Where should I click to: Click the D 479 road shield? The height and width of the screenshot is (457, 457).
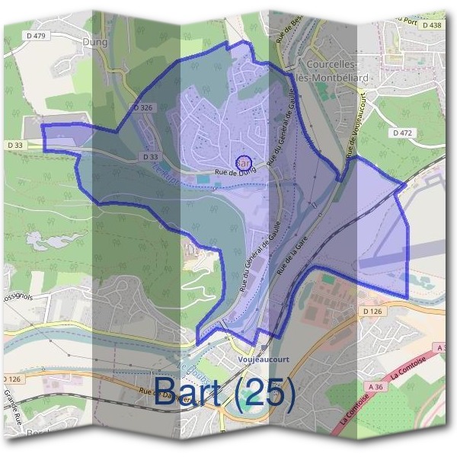[x=36, y=35]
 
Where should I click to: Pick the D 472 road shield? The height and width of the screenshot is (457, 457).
[x=403, y=133]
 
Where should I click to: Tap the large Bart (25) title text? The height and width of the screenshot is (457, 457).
[x=225, y=392]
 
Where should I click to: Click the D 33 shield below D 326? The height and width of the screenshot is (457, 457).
[x=151, y=157]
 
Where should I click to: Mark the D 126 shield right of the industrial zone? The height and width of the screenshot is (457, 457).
[x=372, y=312]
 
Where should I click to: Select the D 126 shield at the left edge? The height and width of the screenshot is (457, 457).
[x=11, y=379]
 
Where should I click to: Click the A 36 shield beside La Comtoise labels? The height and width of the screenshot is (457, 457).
[x=373, y=387]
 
